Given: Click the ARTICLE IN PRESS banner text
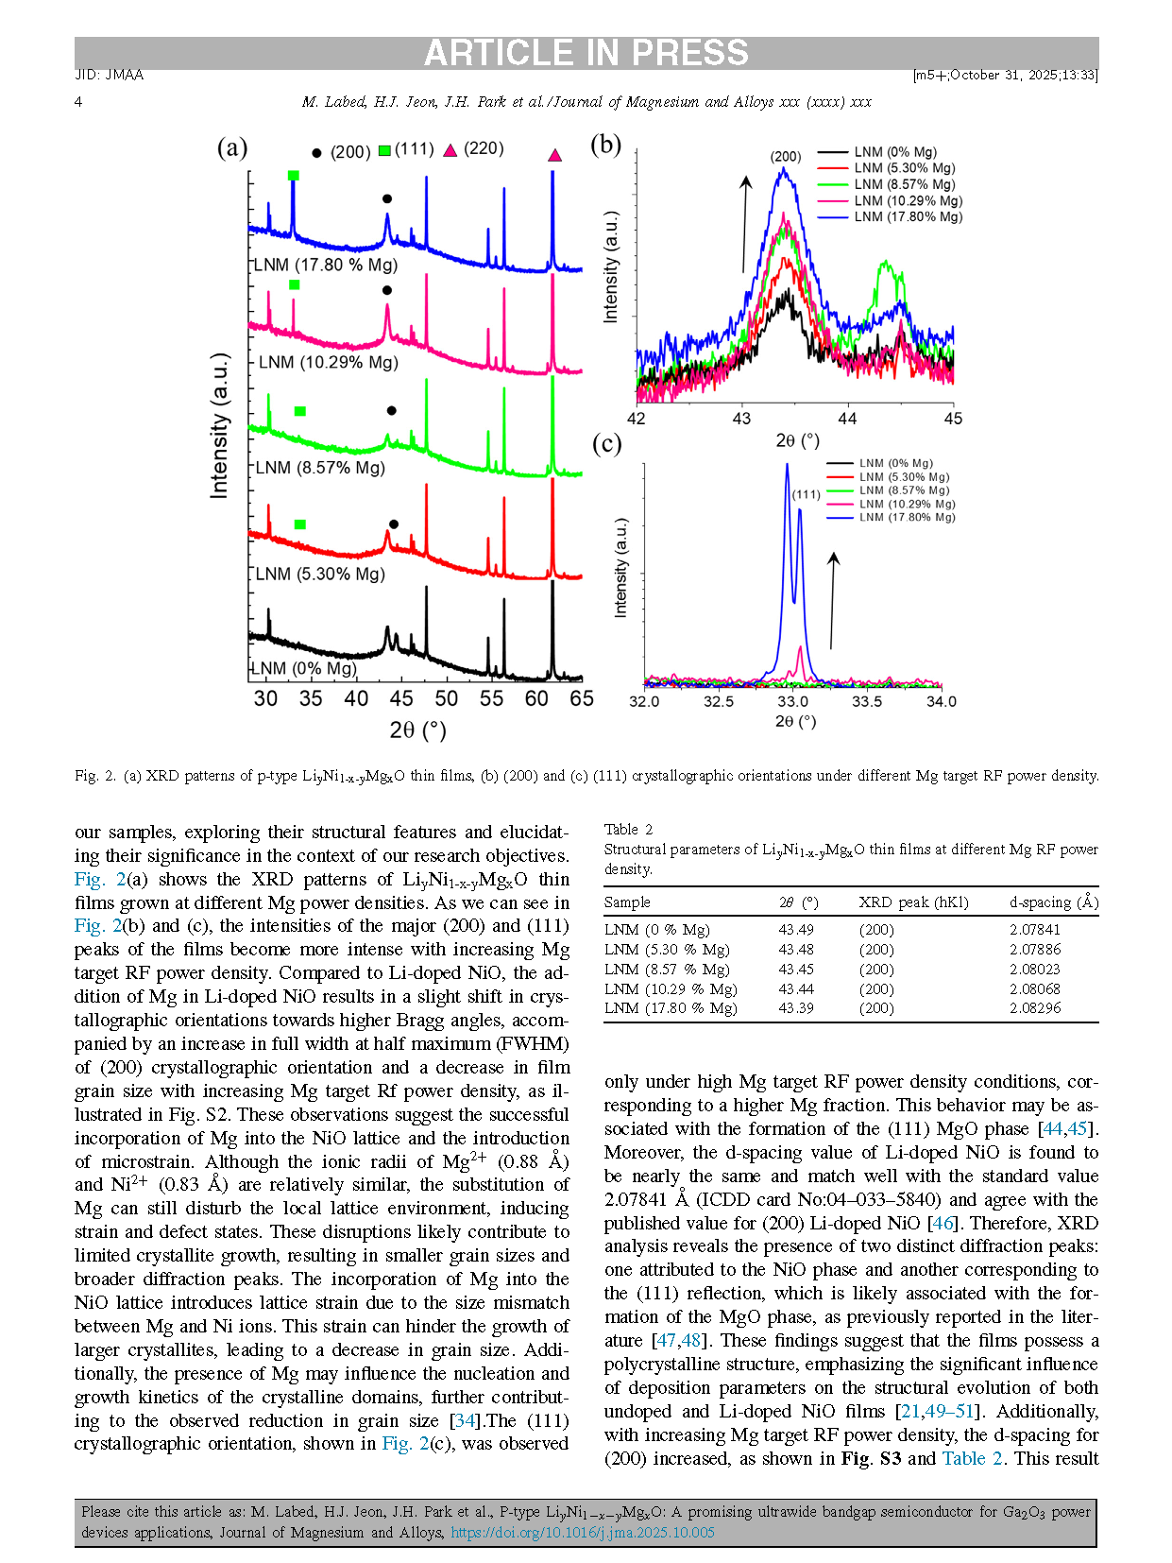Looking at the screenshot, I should (x=586, y=53).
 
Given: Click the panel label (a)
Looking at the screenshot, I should (x=232, y=147).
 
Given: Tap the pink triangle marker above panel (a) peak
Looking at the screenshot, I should (x=554, y=155).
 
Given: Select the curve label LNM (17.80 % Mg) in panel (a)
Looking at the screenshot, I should (x=326, y=265).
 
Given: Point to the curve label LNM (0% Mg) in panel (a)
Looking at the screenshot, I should (x=305, y=668).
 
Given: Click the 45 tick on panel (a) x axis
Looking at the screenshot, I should (x=401, y=698).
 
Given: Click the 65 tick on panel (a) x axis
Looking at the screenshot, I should (x=582, y=698).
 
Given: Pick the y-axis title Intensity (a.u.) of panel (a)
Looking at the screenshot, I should (x=219, y=425).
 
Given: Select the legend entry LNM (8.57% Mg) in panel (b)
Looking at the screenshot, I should (x=904, y=184).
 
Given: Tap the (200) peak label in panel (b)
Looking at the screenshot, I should (x=785, y=157).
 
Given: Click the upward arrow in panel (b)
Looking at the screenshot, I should (x=745, y=223).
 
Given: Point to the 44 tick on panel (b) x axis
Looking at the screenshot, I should (x=847, y=419).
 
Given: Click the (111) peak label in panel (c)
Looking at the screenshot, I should (x=806, y=494).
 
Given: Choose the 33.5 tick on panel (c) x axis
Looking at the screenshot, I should (x=867, y=701).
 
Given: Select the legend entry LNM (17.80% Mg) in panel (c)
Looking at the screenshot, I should (x=907, y=517).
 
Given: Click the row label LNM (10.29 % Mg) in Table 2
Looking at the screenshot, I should (x=671, y=988).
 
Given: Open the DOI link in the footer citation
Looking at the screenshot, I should (x=582, y=1532).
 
